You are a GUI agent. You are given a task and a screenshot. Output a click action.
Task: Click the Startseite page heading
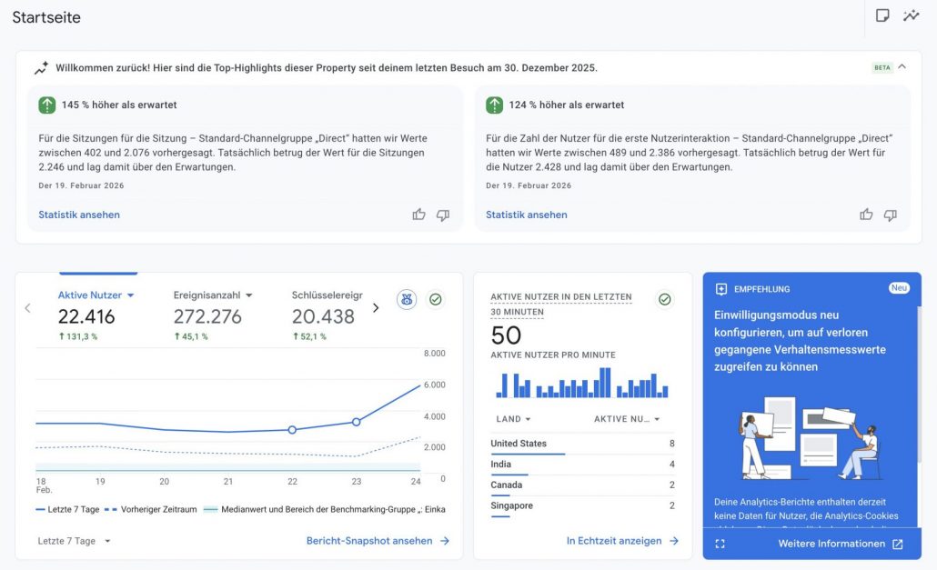click(x=46, y=17)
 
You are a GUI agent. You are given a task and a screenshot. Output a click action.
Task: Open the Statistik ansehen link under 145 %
click(x=79, y=215)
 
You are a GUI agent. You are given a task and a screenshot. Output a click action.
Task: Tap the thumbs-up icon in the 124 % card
click(x=866, y=215)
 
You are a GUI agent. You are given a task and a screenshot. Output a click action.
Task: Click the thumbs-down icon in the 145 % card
click(x=443, y=215)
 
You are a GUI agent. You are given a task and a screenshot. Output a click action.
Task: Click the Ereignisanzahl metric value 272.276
click(x=207, y=316)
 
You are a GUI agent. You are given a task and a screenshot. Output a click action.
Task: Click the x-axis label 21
click(x=228, y=481)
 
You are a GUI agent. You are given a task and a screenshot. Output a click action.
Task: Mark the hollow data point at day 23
click(x=356, y=422)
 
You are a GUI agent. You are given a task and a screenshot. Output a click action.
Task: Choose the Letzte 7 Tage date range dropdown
click(x=75, y=541)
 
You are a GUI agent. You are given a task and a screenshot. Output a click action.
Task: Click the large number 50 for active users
click(x=506, y=335)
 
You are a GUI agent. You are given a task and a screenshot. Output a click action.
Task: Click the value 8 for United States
click(x=671, y=444)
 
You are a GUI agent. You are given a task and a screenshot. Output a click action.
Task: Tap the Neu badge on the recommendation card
click(x=899, y=288)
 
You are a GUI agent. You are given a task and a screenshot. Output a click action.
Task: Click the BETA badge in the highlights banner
click(x=882, y=67)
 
